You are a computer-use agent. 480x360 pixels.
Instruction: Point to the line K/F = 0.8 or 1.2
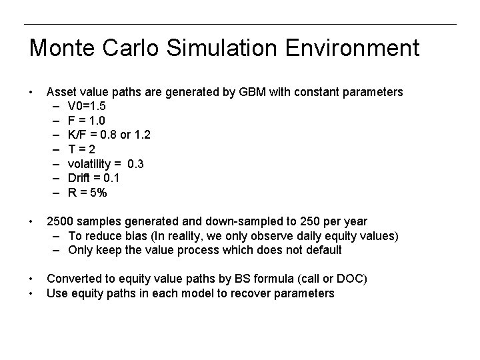(x=109, y=135)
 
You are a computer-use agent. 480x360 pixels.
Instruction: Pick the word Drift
(x=80, y=178)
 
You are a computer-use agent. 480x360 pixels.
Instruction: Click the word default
(x=323, y=250)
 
